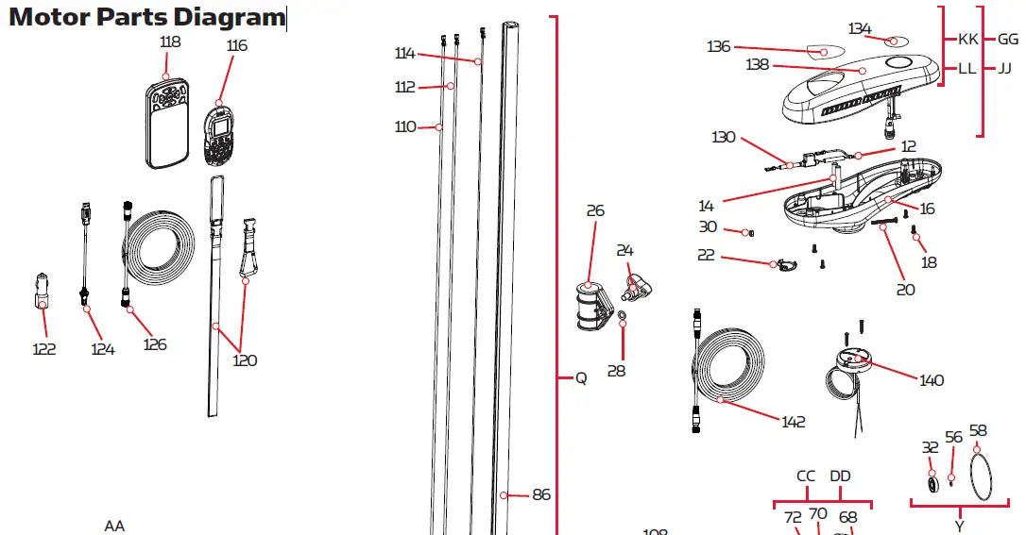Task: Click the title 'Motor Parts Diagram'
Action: (146, 17)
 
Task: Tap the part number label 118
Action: (170, 42)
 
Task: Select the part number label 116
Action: (236, 45)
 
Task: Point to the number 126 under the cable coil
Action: (155, 344)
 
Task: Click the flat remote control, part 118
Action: (167, 124)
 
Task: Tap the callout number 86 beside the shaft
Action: (541, 494)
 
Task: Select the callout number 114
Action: (405, 54)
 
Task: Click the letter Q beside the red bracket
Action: (581, 378)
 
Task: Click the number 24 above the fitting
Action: (625, 250)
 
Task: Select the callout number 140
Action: (932, 380)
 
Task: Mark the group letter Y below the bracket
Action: (959, 526)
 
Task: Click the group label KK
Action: (968, 40)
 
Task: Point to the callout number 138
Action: (757, 65)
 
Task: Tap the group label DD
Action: (840, 476)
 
